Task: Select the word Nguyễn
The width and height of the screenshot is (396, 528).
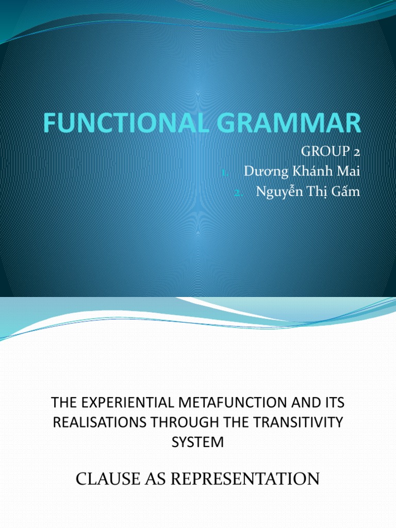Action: pos(278,192)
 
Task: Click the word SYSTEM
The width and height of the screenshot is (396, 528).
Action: pos(198,442)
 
